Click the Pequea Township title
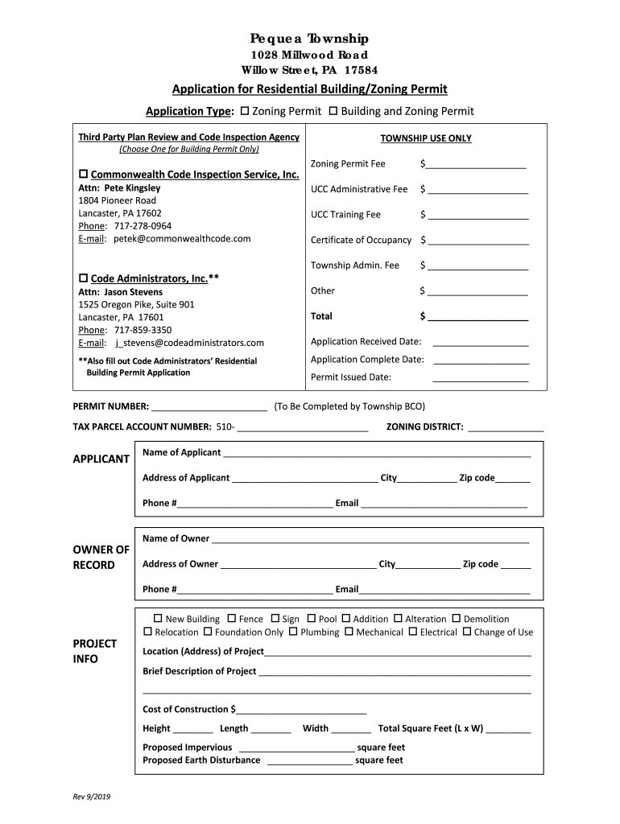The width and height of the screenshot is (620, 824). tap(309, 39)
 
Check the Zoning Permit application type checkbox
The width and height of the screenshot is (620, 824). tap(246, 111)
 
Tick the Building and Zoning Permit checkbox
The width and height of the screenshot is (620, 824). tap(333, 111)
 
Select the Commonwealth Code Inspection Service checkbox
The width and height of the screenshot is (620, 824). tap(83, 175)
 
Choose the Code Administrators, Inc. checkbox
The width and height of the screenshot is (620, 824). tap(83, 278)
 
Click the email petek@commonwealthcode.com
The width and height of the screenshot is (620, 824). tap(181, 239)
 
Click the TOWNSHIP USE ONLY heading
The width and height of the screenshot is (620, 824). tap(426, 138)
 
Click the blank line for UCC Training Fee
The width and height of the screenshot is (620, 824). tap(478, 216)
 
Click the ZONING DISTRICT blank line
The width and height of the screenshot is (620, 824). tap(506, 427)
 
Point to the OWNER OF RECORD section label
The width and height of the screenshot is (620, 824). tap(101, 557)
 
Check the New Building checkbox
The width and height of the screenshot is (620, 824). tap(159, 619)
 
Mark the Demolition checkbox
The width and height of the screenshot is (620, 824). tap(456, 619)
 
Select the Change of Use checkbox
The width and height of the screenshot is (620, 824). tap(467, 632)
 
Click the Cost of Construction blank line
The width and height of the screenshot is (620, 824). tap(302, 710)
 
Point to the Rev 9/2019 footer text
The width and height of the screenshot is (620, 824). tap(92, 796)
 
